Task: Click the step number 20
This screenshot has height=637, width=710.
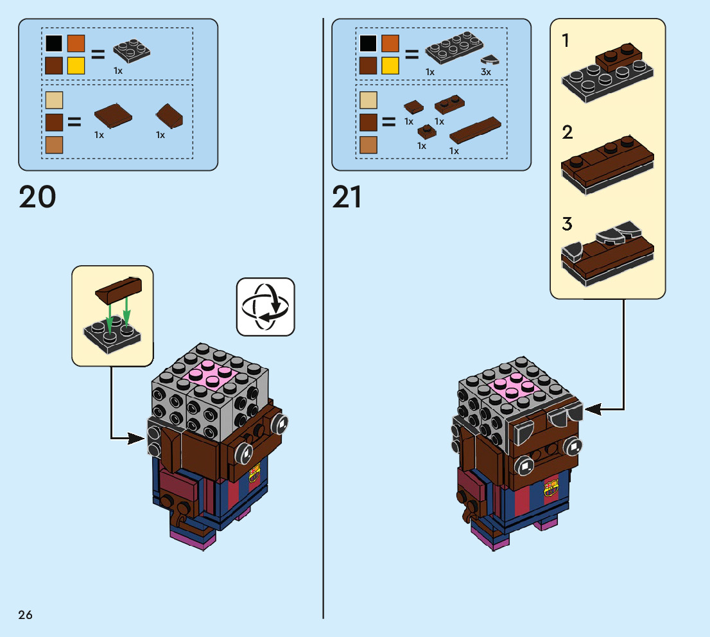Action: (37, 197)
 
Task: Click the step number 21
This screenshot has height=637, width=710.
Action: (347, 197)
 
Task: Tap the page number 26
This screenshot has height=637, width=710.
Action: (26, 615)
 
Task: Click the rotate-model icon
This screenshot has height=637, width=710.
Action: (265, 306)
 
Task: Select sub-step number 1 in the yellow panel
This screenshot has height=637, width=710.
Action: (566, 41)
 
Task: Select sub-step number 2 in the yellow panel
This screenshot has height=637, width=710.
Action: (567, 133)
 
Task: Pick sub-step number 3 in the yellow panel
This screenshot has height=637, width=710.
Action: (567, 225)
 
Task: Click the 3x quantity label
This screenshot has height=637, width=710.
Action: (485, 73)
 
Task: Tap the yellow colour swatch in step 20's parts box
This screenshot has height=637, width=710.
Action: (76, 65)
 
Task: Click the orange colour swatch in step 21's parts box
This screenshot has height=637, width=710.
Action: (390, 44)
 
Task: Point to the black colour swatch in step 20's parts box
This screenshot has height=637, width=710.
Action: (55, 44)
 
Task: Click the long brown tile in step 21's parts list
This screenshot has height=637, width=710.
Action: (475, 130)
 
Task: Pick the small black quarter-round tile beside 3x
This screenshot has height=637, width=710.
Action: (491, 60)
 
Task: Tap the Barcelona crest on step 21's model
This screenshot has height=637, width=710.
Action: (551, 489)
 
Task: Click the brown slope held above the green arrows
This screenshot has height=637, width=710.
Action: (119, 289)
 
